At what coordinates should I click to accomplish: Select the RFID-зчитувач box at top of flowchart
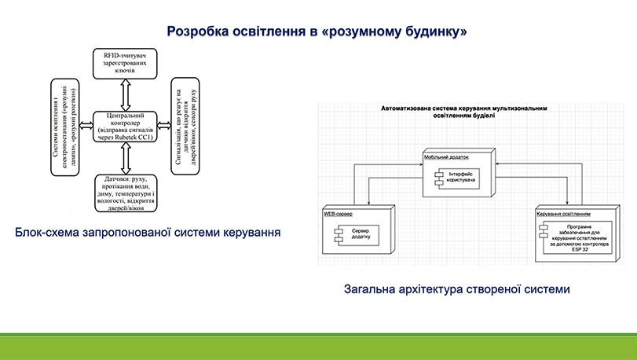click(125, 64)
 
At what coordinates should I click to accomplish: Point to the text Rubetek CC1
click(138, 136)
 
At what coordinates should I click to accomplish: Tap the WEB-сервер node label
click(339, 214)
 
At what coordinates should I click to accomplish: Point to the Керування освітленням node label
click(563, 214)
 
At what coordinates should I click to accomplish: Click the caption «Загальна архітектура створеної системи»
click(456, 288)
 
